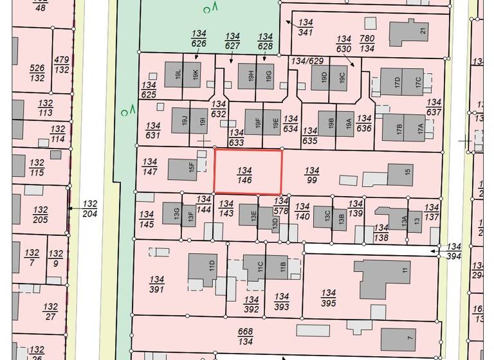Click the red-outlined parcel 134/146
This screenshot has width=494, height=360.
[248, 172]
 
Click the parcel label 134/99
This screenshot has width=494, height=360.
[312, 175]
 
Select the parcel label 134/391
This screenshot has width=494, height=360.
[156, 285]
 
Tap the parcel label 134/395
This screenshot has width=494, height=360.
[328, 298]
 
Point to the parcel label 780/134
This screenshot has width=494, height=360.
[367, 43]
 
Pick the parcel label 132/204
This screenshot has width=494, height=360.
[90, 209]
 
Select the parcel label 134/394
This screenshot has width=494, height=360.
[454, 252]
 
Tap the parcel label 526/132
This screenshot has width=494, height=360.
[37, 73]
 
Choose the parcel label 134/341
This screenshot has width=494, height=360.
[306, 27]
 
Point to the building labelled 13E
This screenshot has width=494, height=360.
[248, 214]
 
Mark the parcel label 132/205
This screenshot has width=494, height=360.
[41, 215]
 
